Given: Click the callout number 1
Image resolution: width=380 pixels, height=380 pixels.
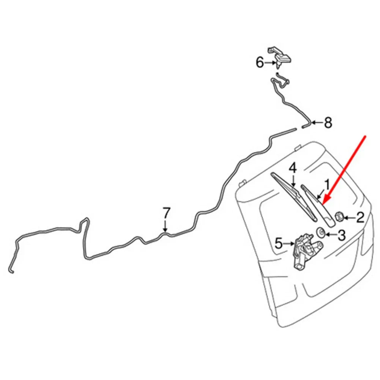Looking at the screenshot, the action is tap(327, 185).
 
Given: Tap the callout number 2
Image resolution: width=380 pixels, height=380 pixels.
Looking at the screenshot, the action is tap(360, 217).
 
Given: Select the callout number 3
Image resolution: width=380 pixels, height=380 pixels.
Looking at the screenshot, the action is tap(341, 235).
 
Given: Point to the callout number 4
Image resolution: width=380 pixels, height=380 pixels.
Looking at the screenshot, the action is tap(293, 168).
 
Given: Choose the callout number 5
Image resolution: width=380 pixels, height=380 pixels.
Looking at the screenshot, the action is tap(279, 243).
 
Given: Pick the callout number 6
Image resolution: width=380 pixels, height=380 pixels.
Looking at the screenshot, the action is tap(260, 63).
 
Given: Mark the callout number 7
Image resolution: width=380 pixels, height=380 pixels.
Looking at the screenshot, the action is tap(166, 213).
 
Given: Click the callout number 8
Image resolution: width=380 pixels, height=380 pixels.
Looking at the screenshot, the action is tap(328, 122).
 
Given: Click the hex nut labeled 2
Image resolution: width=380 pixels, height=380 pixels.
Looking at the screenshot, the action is tap(339, 216).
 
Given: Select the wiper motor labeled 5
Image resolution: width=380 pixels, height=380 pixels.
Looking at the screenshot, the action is tap(307, 251).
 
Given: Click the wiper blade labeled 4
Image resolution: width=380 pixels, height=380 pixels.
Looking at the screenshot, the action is tap(294, 196).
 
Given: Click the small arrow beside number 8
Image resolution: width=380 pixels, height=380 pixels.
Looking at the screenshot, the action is tap(317, 122).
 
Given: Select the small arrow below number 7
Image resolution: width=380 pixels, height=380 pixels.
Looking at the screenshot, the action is tap(165, 226).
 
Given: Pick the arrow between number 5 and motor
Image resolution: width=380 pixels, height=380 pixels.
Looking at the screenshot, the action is tap(289, 244).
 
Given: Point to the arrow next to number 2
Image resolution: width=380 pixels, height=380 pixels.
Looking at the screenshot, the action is tap(349, 218).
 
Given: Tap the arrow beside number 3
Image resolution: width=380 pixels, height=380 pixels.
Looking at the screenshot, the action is tap(331, 234).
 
